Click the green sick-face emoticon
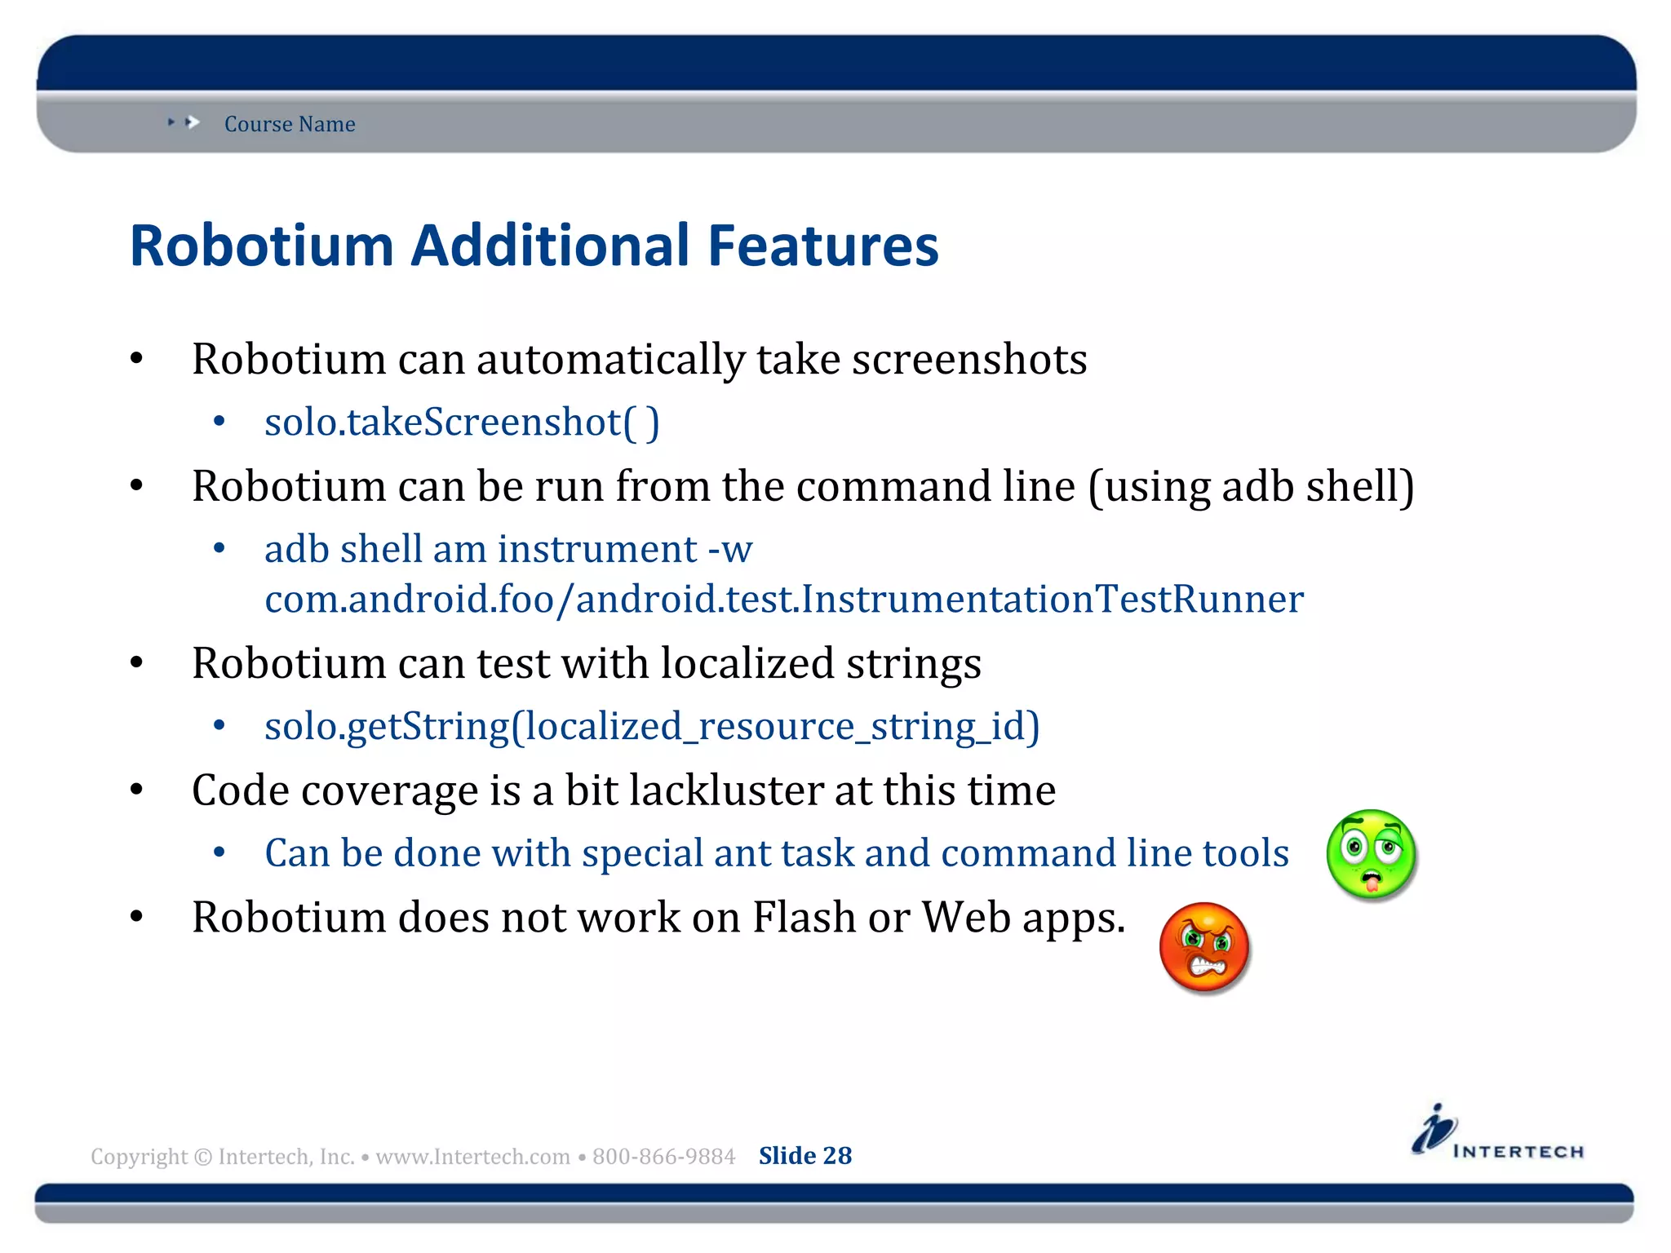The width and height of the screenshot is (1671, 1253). [x=1372, y=854]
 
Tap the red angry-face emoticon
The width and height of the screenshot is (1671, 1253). [x=1204, y=947]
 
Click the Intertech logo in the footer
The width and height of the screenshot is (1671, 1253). [x=1497, y=1133]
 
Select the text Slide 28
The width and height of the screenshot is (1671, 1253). [x=804, y=1156]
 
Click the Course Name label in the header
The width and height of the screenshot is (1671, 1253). [x=290, y=124]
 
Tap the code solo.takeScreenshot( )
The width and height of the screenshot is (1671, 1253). [x=462, y=423]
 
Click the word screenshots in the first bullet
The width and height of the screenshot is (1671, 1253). [x=969, y=360]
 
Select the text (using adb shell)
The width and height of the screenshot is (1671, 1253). [x=1251, y=487]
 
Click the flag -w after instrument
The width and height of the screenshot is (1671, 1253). [x=730, y=549]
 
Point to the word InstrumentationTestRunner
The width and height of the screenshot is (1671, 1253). [x=1053, y=600]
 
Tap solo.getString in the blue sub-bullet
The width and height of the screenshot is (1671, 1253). [x=387, y=726]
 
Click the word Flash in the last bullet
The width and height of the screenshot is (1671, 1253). [x=804, y=918]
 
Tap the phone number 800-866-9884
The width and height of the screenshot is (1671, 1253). [x=663, y=1157]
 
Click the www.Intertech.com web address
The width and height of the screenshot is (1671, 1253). [x=472, y=1157]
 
